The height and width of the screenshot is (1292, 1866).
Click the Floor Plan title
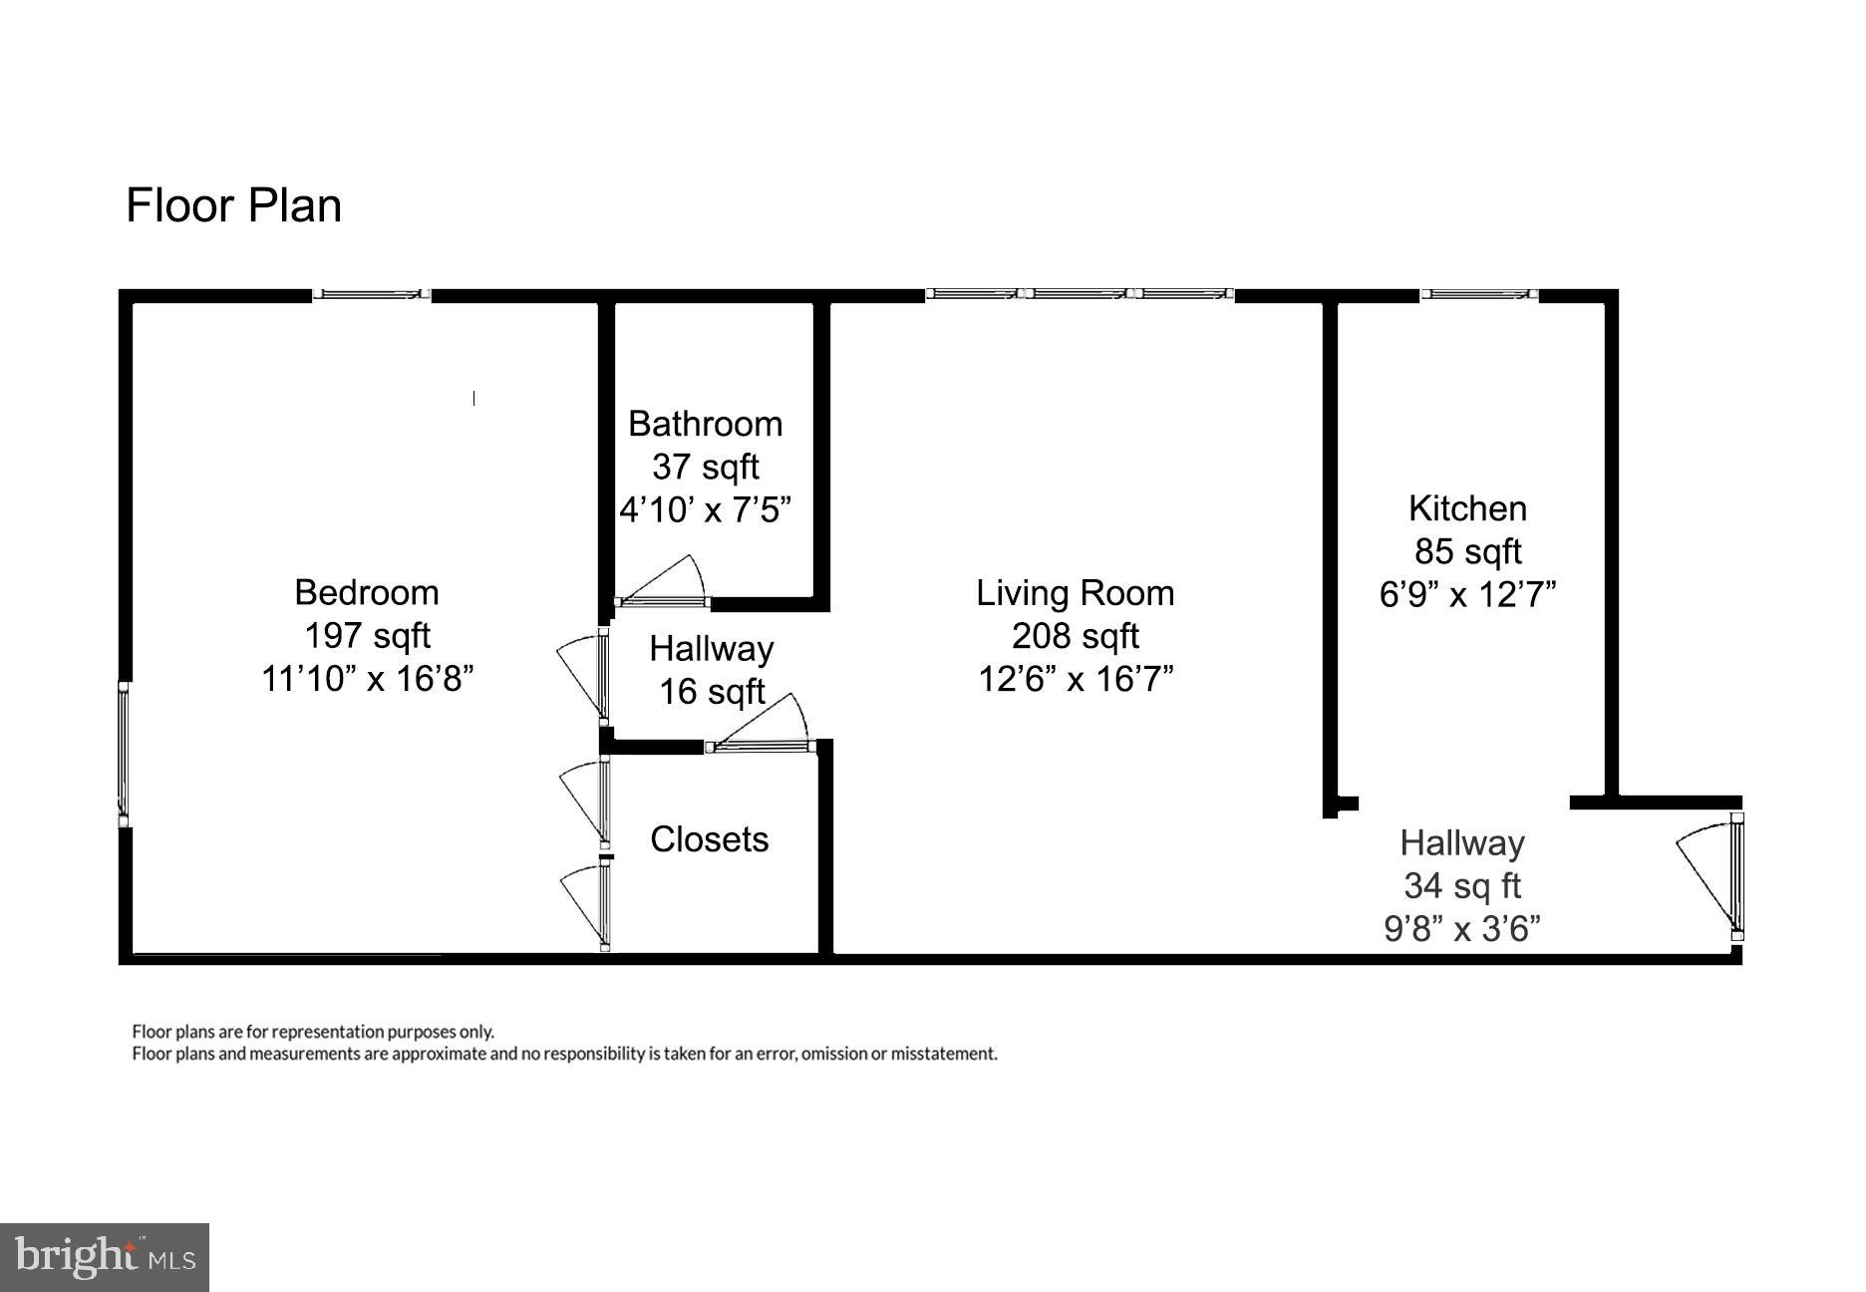(233, 205)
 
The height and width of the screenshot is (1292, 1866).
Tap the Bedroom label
(367, 592)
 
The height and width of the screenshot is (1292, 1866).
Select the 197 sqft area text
(367, 635)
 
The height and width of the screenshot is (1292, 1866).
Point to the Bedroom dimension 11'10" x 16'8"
(367, 679)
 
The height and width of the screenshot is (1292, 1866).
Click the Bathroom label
(705, 424)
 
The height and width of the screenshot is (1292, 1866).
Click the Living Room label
(1075, 593)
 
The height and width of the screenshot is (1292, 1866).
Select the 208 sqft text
(1075, 636)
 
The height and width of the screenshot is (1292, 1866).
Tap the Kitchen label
(1467, 508)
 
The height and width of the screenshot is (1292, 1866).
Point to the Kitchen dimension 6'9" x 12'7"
(1467, 595)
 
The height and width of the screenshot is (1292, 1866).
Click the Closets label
(709, 839)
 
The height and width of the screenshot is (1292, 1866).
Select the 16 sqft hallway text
(712, 692)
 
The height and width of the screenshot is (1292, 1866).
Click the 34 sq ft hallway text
(1461, 886)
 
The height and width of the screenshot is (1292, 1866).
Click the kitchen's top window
(1479, 294)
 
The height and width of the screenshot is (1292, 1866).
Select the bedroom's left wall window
(124, 754)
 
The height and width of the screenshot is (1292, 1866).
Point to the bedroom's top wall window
(371, 294)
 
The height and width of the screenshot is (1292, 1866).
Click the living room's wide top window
(1079, 294)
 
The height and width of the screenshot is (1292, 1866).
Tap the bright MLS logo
(104, 1256)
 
